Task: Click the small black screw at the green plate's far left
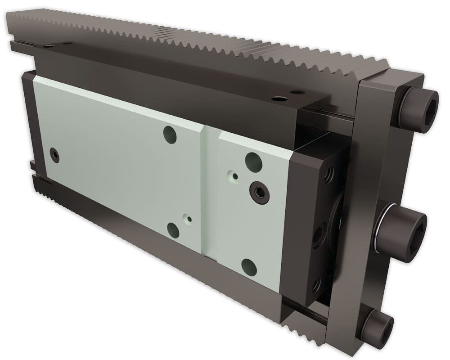coord(54,154)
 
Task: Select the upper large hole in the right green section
coord(252,160)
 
